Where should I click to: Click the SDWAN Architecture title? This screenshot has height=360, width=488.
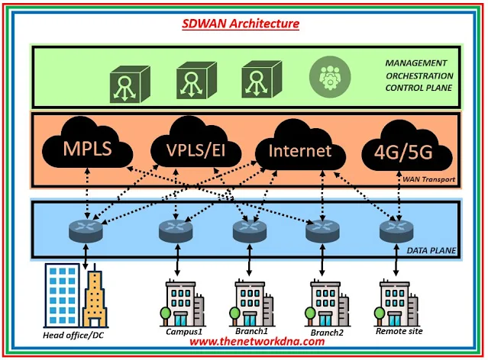pyautogui.click(x=241, y=24)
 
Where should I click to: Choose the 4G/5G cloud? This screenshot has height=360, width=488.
pyautogui.click(x=399, y=151)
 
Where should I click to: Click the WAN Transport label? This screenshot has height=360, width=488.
pyautogui.click(x=430, y=180)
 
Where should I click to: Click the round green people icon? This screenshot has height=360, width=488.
pyautogui.click(x=327, y=78)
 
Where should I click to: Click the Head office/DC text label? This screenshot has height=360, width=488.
pyautogui.click(x=73, y=334)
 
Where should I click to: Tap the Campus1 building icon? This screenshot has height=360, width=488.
pyautogui.click(x=181, y=303)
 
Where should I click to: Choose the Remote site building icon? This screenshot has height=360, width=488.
pyautogui.click(x=397, y=303)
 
